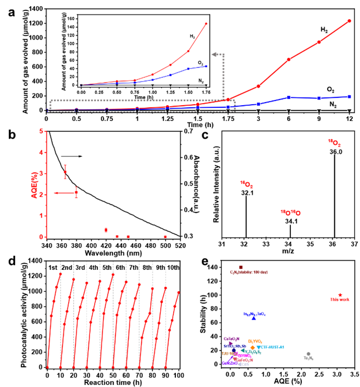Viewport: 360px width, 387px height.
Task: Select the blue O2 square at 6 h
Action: (288, 97)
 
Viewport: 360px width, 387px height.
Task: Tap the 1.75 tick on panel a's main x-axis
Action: (228, 118)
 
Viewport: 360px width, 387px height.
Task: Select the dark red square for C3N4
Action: (241, 267)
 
